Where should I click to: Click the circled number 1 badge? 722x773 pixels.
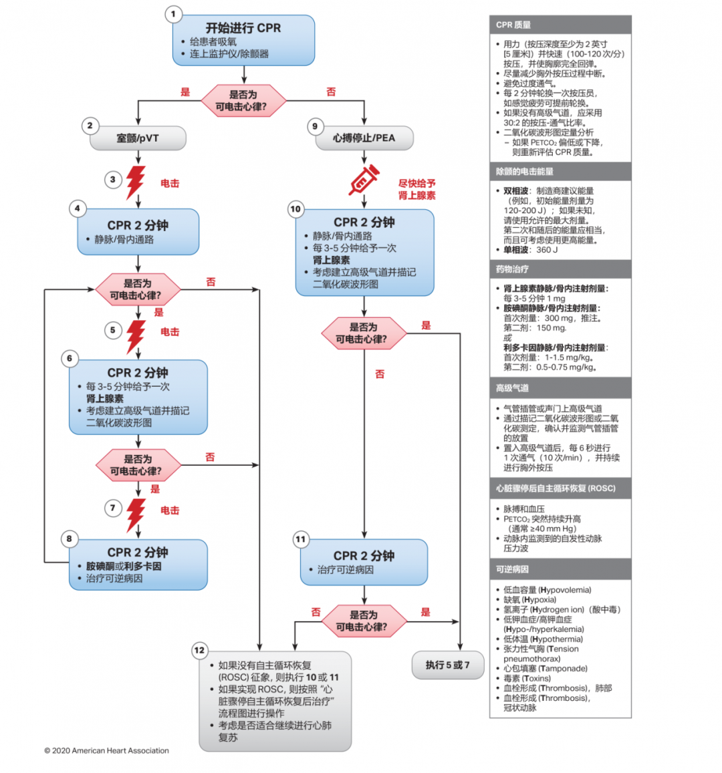[174, 14]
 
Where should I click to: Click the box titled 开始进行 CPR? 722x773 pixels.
[243, 40]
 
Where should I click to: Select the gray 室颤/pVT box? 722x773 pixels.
[138, 138]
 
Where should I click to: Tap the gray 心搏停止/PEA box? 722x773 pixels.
[364, 138]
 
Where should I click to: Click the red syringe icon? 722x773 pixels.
[364, 181]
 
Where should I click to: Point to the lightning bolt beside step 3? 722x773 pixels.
[136, 182]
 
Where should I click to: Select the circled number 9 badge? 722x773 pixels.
[315, 126]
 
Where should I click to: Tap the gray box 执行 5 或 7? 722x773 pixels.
[447, 665]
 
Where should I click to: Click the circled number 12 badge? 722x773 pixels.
[199, 650]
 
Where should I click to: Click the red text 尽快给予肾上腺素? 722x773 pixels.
[417, 189]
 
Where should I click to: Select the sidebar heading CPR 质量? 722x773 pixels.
[513, 25]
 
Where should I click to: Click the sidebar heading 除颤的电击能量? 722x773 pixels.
[525, 172]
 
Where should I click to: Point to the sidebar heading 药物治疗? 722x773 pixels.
[512, 269]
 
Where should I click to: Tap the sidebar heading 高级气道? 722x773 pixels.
[512, 388]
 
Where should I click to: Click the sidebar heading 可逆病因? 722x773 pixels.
[512, 569]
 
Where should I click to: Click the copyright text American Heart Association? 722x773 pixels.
[107, 750]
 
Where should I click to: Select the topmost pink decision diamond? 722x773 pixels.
[243, 100]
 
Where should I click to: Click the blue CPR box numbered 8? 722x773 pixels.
[138, 565]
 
